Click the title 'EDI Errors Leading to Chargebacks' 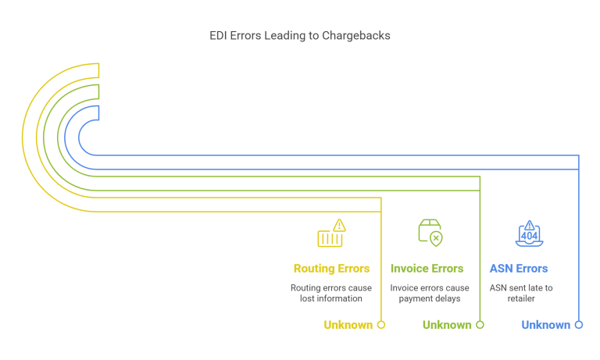pyautogui.click(x=299, y=36)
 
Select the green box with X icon pyautogui.click(x=430, y=233)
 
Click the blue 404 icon pyautogui.click(x=529, y=233)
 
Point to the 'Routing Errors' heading pyautogui.click(x=331, y=269)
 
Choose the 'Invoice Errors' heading pyautogui.click(x=427, y=269)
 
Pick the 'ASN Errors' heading pyautogui.click(x=518, y=269)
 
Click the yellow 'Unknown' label pyautogui.click(x=348, y=325)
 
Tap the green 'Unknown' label pyautogui.click(x=447, y=325)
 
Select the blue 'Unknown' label pyautogui.click(x=545, y=325)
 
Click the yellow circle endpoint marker pyautogui.click(x=381, y=325)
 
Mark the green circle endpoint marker pyautogui.click(x=480, y=325)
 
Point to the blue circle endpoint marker pyautogui.click(x=579, y=325)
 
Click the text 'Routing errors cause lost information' pyautogui.click(x=331, y=293)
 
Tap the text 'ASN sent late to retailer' pyautogui.click(x=521, y=293)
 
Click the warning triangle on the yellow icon pyautogui.click(x=338, y=225)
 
